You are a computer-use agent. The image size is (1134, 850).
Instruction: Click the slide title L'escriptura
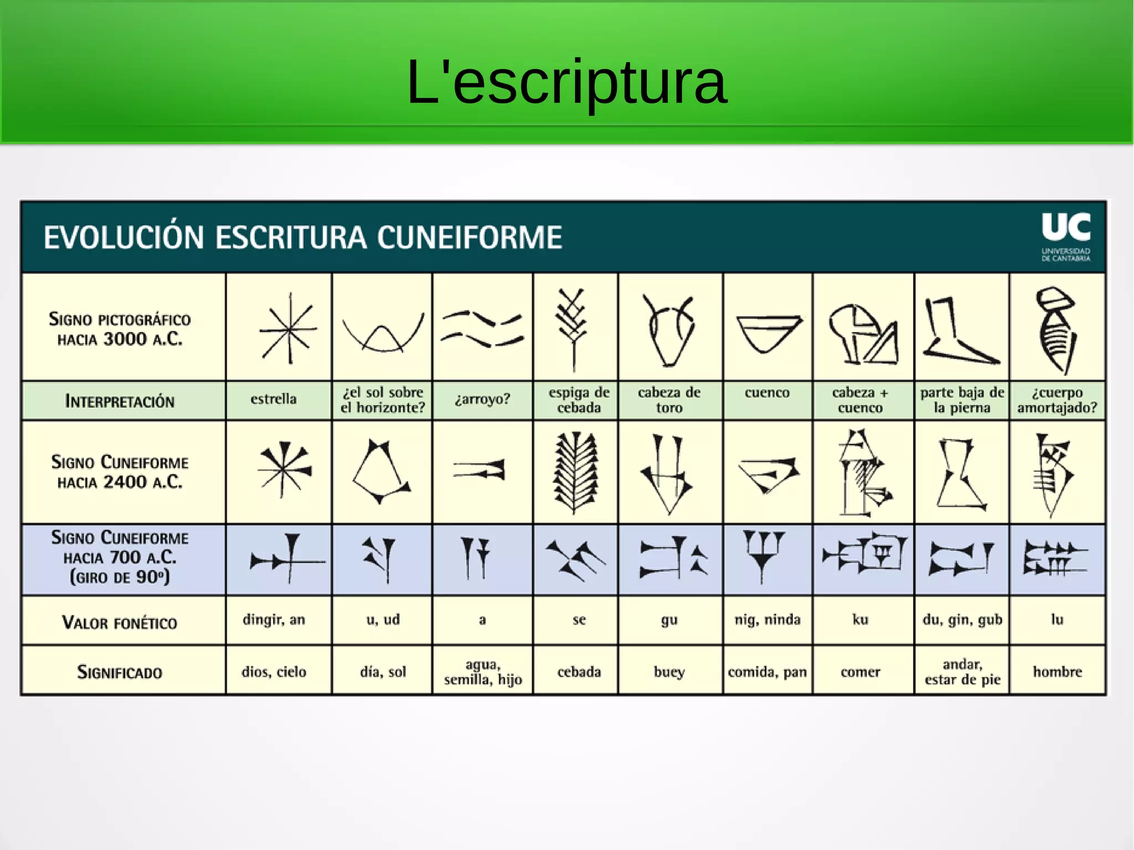click(566, 83)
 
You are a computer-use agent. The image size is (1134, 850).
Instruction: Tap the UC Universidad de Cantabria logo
click(1065, 236)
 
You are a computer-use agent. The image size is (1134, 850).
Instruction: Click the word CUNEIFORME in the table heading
click(470, 238)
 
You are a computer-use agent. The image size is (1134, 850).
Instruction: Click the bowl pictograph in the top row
click(769, 333)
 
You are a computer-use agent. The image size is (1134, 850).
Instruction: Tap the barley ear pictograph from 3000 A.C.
click(573, 329)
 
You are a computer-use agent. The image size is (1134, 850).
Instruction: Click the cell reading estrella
click(274, 399)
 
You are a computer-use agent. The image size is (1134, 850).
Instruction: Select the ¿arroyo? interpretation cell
click(482, 399)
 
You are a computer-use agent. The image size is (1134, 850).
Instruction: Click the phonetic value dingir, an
click(274, 620)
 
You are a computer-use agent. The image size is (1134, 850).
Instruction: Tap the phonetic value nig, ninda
click(767, 620)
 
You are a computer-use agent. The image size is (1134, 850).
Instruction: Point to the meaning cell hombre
click(1057, 672)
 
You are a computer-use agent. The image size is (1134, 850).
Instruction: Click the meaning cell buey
click(669, 672)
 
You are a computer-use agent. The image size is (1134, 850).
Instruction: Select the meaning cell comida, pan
click(767, 672)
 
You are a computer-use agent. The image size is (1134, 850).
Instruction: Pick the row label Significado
click(120, 672)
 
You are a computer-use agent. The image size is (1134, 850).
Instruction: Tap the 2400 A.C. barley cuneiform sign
click(576, 472)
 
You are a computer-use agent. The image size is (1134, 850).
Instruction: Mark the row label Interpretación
click(120, 401)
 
